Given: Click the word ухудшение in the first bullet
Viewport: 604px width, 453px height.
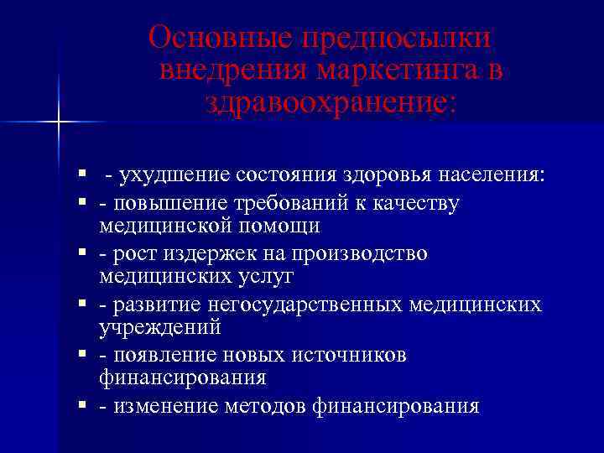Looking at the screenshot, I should [x=172, y=174].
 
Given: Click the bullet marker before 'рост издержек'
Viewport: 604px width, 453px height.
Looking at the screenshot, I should [x=82, y=253].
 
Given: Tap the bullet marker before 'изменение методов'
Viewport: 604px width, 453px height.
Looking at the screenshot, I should [x=82, y=405].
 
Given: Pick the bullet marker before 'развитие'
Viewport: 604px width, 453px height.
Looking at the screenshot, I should [x=82, y=303].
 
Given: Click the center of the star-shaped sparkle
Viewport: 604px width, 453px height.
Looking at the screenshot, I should [x=59, y=123].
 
